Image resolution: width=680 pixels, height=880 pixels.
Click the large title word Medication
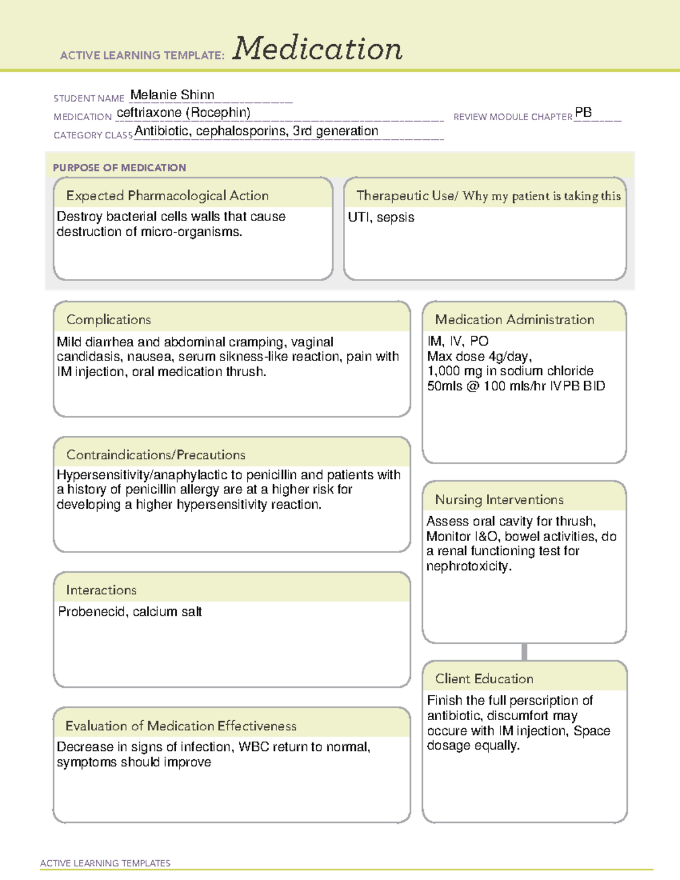coord(317,49)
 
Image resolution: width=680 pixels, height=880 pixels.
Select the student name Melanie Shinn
coord(172,95)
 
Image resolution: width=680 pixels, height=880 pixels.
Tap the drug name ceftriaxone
coord(149,113)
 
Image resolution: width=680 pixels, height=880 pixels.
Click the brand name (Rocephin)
coord(220,113)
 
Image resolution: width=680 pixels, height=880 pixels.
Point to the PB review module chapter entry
coord(583,113)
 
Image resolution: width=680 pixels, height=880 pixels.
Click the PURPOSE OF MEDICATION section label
coord(119,168)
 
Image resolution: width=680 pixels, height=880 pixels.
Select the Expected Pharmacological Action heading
coord(167,195)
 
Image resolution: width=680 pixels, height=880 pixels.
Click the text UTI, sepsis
coord(381,218)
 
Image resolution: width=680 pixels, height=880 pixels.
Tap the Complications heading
coord(109,320)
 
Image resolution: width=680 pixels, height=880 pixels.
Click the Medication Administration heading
coord(515,320)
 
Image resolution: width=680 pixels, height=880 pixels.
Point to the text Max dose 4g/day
coord(479,356)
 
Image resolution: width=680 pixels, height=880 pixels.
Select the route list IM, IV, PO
coord(458,341)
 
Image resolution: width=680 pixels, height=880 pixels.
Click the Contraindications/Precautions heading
coord(156,455)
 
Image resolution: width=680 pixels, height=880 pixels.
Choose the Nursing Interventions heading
coord(499,500)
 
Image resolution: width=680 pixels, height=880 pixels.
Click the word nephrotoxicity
coord(468,566)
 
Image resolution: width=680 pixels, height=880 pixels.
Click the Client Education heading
coord(484,679)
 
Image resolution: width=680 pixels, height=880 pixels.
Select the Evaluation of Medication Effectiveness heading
coord(181,726)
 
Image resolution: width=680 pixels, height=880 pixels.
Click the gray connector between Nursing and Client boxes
coord(524,652)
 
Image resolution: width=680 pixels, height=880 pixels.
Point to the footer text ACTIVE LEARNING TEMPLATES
coord(105,863)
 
